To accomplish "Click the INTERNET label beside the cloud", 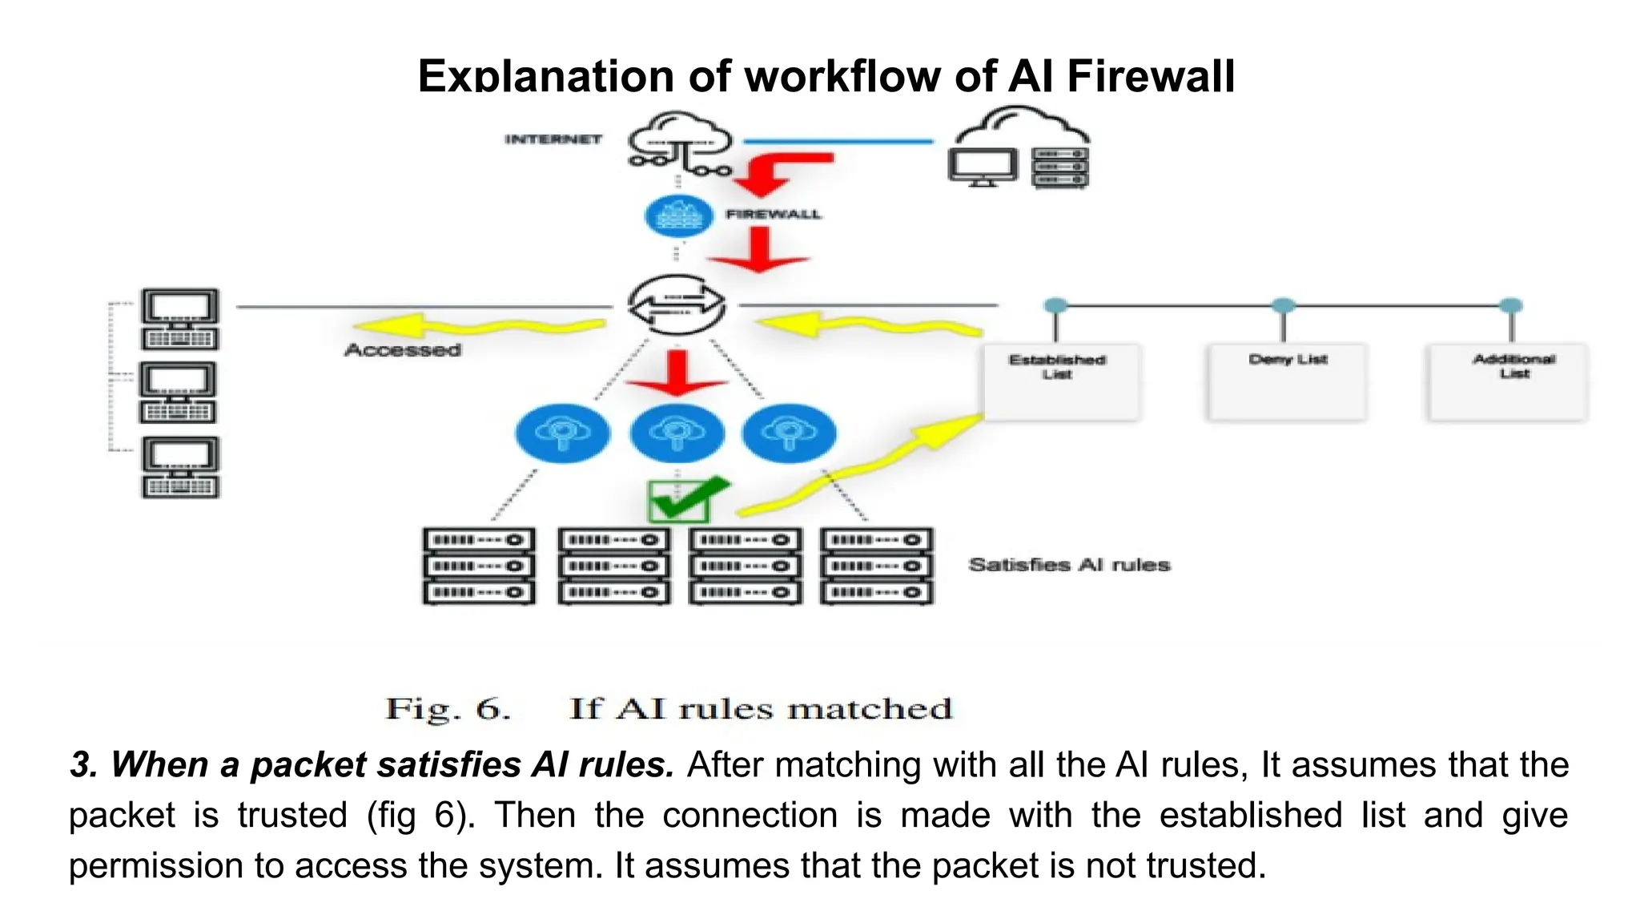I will pos(553,139).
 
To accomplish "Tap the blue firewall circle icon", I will pos(678,216).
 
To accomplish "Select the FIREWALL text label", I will pos(773,215).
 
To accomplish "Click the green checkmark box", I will pos(678,502).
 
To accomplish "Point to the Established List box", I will pos(1060,382).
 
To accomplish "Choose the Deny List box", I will pos(1287,382).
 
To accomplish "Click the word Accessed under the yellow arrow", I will pos(403,350).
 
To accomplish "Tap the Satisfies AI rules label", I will pos(1069,565).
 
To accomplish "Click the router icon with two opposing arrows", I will pos(677,305).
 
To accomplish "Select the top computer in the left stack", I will pos(180,319).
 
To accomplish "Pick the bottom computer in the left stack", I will pos(180,467).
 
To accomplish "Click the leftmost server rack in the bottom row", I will pos(479,566).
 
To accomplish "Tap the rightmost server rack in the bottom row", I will pos(877,566).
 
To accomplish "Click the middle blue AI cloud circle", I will pos(677,433).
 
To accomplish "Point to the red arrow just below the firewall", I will pos(758,249).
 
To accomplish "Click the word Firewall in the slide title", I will pos(1151,77).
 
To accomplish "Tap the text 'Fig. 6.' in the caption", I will pos(448,709).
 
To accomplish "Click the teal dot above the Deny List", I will pos(1284,305).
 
